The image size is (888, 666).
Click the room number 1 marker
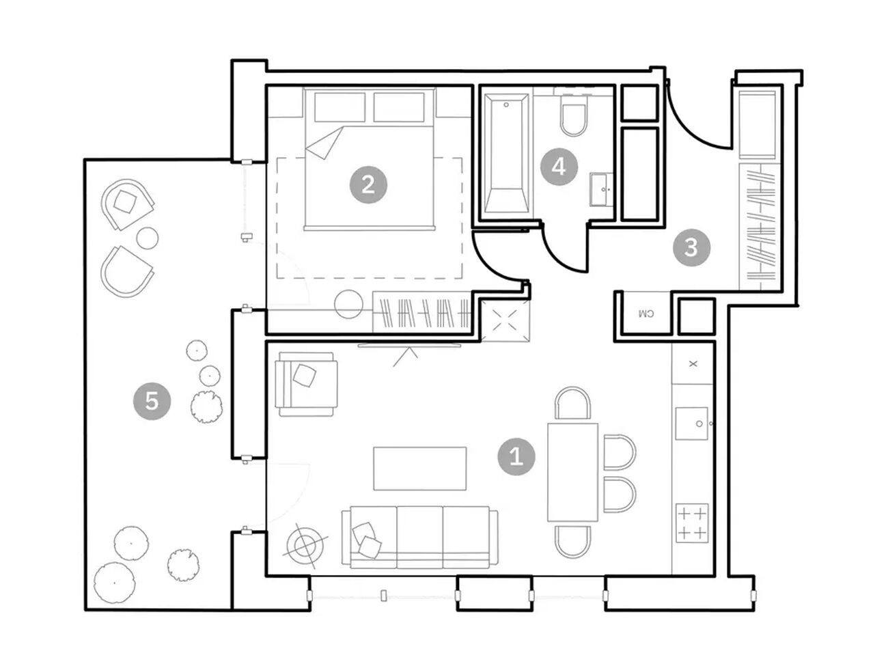click(x=516, y=457)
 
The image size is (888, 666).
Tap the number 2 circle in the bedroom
click(x=368, y=185)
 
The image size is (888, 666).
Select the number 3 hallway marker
click(x=691, y=247)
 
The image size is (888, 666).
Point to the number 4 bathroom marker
click(x=559, y=167)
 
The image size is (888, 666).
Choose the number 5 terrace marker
click(x=152, y=402)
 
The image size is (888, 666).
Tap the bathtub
click(x=507, y=153)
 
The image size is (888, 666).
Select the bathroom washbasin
click(x=601, y=189)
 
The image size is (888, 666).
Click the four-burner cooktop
click(x=692, y=523)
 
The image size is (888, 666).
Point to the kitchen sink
click(x=692, y=424)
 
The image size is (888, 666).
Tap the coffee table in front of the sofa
click(x=419, y=469)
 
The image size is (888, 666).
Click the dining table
click(x=572, y=472)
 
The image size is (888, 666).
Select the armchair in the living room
click(x=306, y=384)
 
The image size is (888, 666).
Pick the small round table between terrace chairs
click(x=148, y=238)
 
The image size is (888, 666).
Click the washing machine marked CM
click(x=646, y=314)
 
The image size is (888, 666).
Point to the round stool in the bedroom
click(x=349, y=305)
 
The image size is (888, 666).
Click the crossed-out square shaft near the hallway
click(x=505, y=320)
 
